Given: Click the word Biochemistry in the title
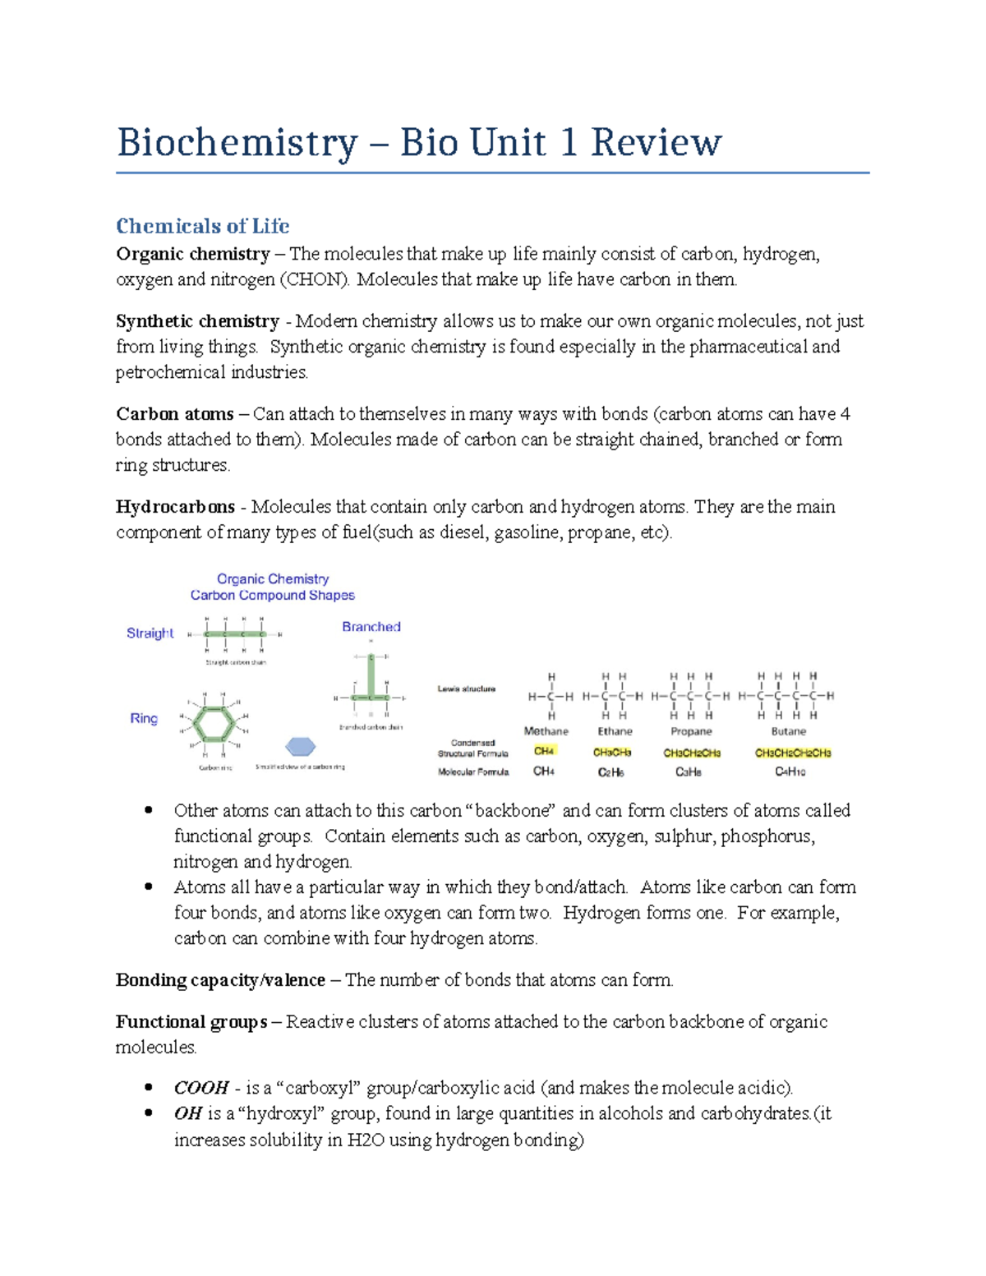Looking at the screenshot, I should [237, 142].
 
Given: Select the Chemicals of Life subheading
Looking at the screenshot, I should [202, 226].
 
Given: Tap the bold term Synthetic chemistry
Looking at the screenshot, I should [197, 321].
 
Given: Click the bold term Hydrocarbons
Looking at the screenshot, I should [175, 507].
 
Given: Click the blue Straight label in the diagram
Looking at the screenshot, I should [150, 633].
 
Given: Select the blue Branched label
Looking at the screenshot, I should [371, 627].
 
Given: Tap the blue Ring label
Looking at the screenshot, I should [144, 718].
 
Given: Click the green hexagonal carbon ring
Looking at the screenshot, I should [214, 724].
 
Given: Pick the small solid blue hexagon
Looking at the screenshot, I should [301, 746].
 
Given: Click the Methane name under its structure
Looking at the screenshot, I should [546, 731].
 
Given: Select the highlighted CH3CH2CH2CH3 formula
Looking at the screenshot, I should [793, 753].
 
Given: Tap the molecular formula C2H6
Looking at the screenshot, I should [610, 772].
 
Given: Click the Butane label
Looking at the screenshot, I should [788, 731].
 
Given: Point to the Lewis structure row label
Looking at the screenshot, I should [467, 689].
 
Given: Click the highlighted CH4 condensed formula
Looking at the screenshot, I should [544, 751].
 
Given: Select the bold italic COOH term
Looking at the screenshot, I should [201, 1088].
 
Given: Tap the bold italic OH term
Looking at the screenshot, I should [188, 1113].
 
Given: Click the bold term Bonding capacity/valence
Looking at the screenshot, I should [220, 980].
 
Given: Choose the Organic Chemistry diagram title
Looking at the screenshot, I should [273, 579].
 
